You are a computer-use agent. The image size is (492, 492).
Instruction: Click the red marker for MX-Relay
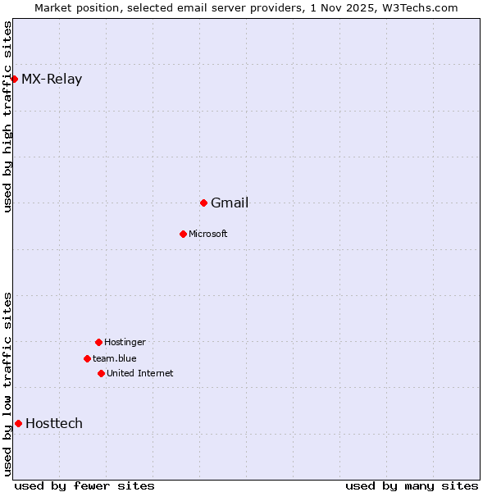14,79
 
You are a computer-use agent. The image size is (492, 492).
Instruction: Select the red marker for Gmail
203,203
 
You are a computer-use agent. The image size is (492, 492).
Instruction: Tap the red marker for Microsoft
183,234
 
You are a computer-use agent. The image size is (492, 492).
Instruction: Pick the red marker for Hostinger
98,342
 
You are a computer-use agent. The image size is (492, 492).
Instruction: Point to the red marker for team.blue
87,358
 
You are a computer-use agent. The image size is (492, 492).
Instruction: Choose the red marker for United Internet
101,373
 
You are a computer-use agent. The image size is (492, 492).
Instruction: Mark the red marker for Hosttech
18,423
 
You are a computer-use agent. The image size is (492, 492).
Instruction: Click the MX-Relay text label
52,80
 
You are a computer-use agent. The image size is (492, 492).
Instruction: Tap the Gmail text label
230,203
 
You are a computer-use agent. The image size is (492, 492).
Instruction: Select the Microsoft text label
208,235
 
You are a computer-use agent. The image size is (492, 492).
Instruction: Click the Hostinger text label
125,343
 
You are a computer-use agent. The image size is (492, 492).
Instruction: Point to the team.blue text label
115,359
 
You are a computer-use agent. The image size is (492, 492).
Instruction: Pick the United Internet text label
140,374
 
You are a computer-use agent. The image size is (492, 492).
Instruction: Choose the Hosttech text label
54,424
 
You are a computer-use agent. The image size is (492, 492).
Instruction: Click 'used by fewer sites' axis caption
84,485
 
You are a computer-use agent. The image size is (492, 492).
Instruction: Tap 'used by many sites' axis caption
412,485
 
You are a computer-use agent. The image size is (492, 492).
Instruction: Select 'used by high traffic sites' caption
8,116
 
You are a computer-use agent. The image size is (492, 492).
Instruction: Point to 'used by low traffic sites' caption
8,384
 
